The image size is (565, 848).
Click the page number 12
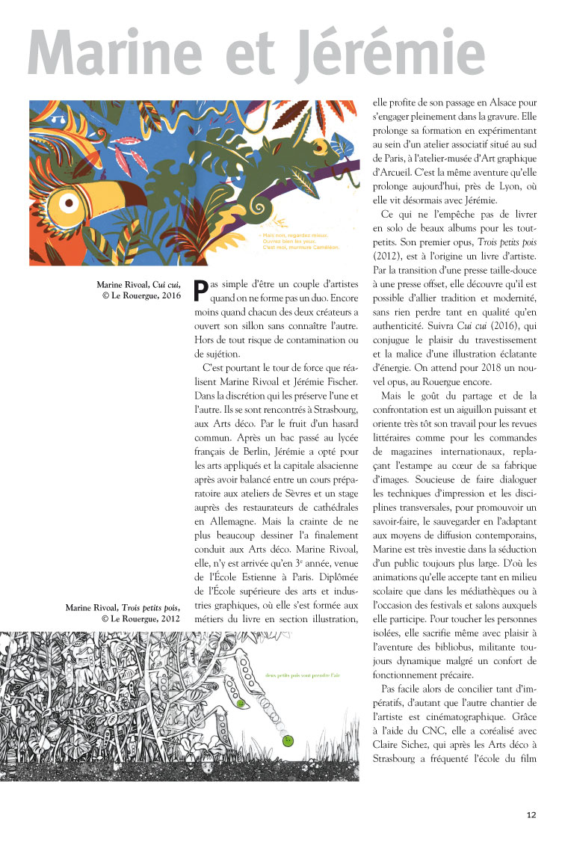531,815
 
